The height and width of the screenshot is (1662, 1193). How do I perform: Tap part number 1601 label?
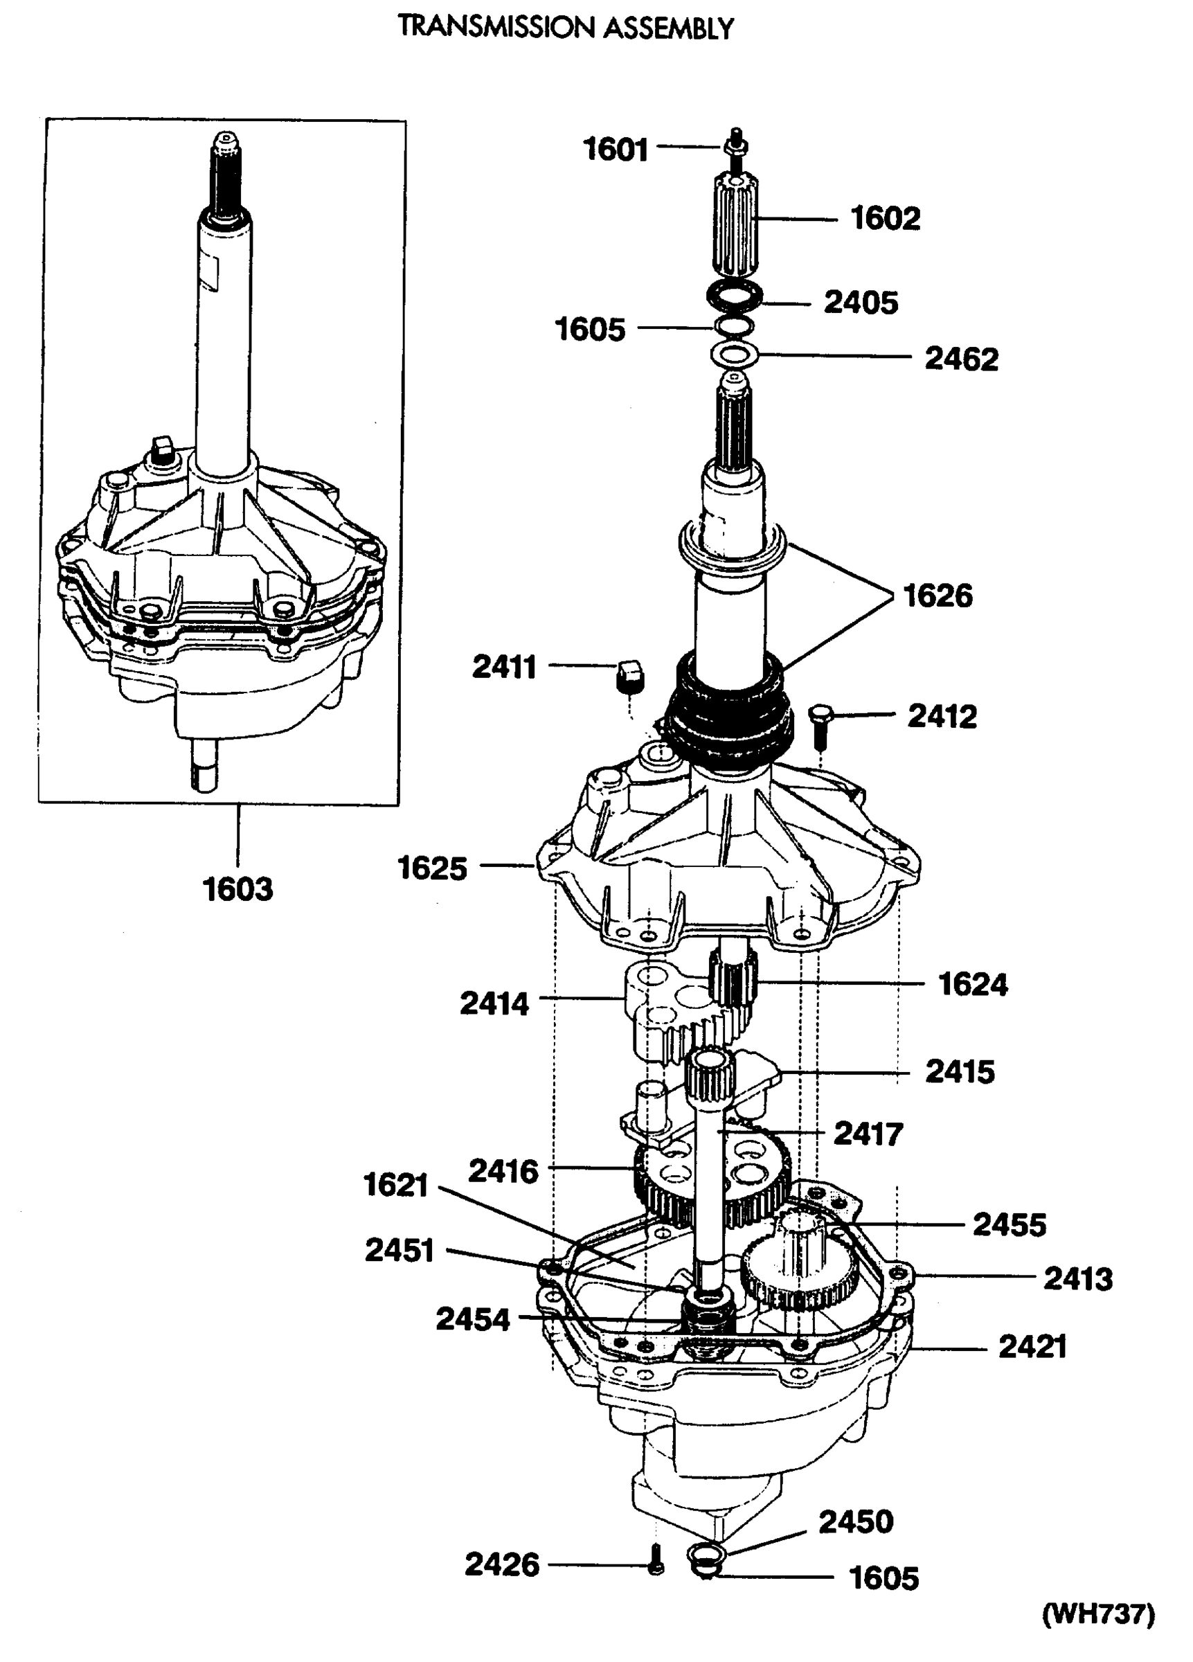(x=615, y=150)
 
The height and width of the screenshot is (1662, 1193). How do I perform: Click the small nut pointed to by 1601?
(x=735, y=147)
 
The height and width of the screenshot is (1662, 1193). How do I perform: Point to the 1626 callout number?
(x=938, y=595)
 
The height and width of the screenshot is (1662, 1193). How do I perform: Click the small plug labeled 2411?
(x=629, y=674)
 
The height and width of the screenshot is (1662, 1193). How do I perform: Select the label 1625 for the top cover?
(x=431, y=868)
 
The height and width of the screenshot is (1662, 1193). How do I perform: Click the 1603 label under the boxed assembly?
(x=237, y=890)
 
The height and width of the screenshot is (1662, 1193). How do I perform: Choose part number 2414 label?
(x=494, y=1003)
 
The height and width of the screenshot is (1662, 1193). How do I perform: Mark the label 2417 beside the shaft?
(x=868, y=1134)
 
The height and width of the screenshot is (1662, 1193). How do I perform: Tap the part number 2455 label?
(x=1009, y=1224)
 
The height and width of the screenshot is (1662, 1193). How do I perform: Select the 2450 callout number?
(x=855, y=1521)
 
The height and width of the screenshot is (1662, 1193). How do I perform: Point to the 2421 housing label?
(x=1032, y=1346)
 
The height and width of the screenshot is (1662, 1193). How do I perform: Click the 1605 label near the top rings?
(x=590, y=329)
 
